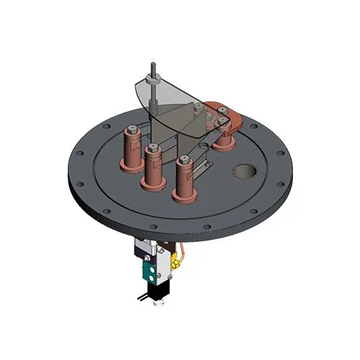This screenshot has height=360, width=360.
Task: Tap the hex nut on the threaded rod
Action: (x=153, y=84)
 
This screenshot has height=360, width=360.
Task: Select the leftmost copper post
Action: (x=133, y=148)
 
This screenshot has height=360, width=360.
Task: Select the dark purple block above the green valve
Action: (x=141, y=252)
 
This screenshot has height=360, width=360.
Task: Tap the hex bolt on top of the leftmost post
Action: (x=133, y=130)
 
